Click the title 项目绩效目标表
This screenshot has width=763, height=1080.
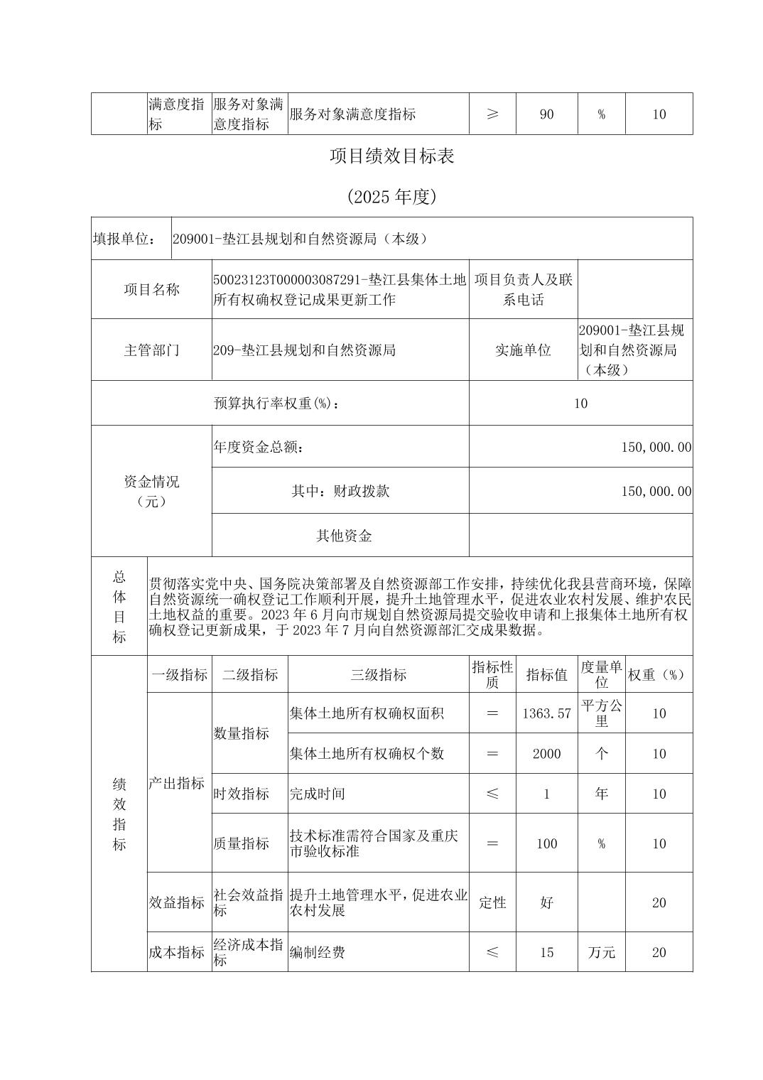(x=391, y=156)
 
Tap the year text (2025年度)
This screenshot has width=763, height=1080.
(x=391, y=197)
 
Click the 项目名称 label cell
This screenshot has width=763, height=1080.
(x=151, y=289)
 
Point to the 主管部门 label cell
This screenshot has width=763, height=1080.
(x=151, y=350)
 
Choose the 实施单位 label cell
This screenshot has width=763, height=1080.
(x=523, y=350)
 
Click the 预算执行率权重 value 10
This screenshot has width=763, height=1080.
(x=580, y=403)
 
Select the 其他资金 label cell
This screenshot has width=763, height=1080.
(x=344, y=536)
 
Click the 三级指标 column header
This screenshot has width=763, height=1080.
(x=378, y=674)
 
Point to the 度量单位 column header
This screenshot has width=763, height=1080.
(x=601, y=674)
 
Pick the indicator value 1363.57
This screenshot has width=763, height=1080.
(x=546, y=713)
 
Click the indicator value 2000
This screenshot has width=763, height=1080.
(x=546, y=753)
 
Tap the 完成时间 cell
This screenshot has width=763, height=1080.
(x=317, y=794)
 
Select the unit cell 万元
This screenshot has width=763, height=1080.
(x=601, y=952)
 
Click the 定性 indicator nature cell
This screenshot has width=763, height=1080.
(x=492, y=902)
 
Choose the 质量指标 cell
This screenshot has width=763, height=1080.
(x=242, y=843)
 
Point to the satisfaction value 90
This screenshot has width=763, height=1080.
(x=546, y=114)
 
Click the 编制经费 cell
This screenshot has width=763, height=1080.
(x=317, y=952)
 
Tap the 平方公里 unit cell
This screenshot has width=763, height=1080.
(x=601, y=713)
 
